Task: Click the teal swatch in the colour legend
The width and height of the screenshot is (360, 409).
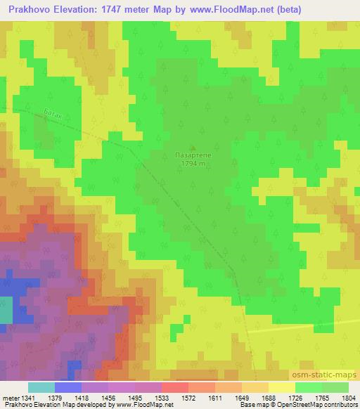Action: (x=41, y=387)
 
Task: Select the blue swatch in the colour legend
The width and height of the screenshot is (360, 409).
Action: (x=67, y=387)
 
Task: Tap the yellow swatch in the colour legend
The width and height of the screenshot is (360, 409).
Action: (x=282, y=387)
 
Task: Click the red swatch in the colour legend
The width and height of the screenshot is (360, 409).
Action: (x=175, y=387)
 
